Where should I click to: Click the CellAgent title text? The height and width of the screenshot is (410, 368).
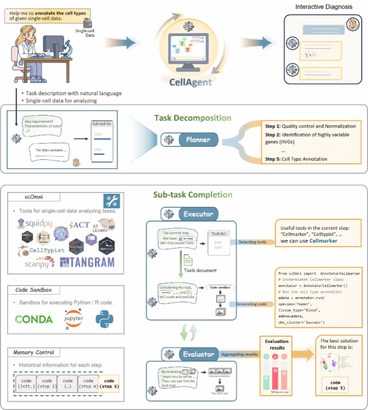coord(191,82)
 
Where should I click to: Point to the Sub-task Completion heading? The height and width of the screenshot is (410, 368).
coord(192,195)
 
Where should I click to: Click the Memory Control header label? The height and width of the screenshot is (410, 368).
coord(34,353)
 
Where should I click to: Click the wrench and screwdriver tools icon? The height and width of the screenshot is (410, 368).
coord(112,200)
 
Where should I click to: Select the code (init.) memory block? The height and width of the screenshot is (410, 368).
coord(26,383)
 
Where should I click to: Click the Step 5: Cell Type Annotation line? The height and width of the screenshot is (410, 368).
coord(296,159)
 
